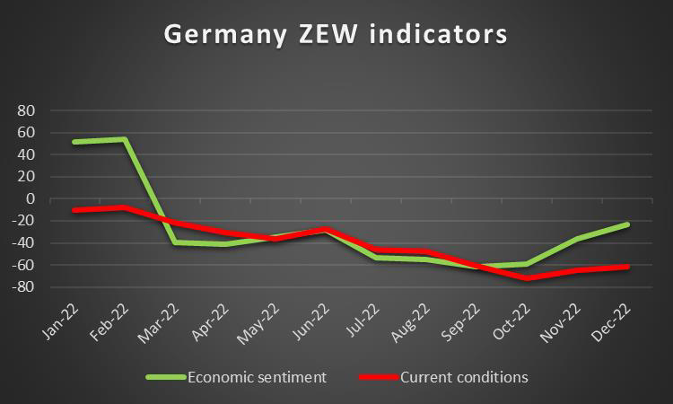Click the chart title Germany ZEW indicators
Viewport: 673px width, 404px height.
pyautogui.click(x=336, y=36)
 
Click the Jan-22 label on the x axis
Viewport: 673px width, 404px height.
pyautogui.click(x=59, y=321)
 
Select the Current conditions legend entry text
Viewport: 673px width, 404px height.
pyautogui.click(x=465, y=377)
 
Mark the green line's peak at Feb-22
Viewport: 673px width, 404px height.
pyautogui.click(x=125, y=139)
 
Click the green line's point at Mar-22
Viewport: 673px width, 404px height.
pyautogui.click(x=176, y=242)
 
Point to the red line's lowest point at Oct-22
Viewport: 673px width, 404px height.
pyautogui.click(x=528, y=278)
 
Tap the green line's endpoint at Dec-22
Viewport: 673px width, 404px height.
pyautogui.click(x=628, y=224)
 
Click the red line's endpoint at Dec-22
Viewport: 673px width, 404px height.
pyautogui.click(x=628, y=267)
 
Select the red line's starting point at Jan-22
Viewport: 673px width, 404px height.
pyautogui.click(x=74, y=210)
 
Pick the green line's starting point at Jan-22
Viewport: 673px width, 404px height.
pyautogui.click(x=74, y=142)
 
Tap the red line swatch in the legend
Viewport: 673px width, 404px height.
pyautogui.click(x=380, y=377)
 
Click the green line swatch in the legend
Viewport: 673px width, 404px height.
pyautogui.click(x=165, y=377)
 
